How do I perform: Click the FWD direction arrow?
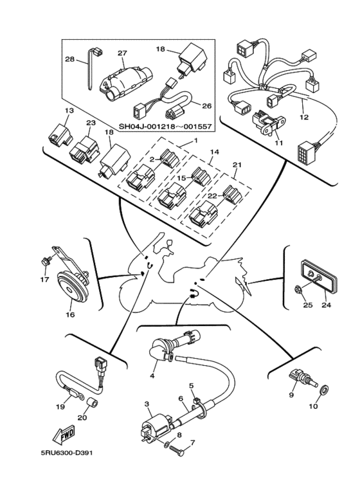64,435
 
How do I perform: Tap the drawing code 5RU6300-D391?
67,453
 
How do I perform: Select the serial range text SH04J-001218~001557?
165,126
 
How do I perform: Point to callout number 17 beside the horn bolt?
45,280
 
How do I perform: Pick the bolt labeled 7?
177,450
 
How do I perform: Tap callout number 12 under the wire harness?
304,117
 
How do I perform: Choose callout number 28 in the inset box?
69,59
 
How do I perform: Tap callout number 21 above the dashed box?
237,165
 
